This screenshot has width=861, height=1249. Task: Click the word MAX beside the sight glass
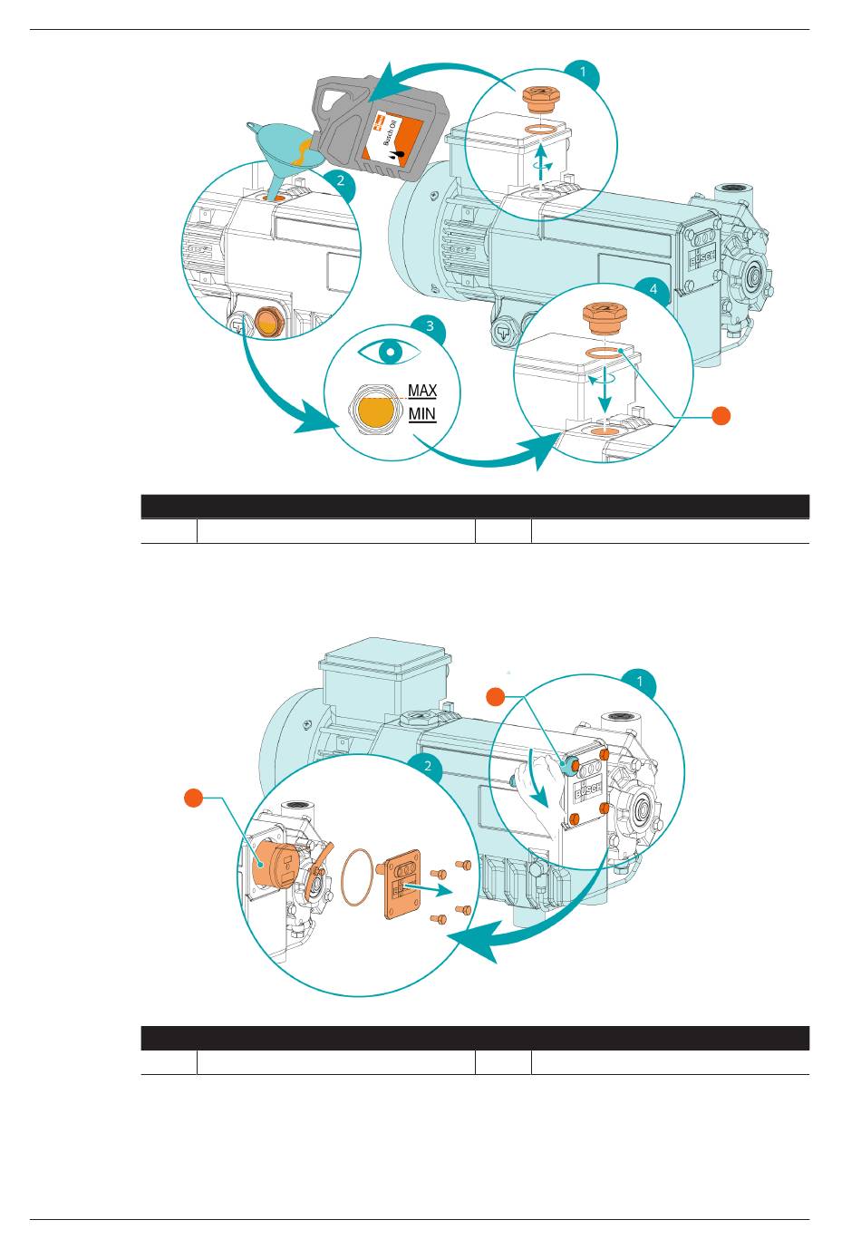tap(422, 391)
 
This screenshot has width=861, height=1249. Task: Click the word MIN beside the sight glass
tap(422, 414)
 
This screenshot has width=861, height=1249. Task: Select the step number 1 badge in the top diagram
tap(584, 72)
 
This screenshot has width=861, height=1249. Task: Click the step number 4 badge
tap(653, 289)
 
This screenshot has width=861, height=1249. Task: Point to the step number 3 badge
tap(430, 325)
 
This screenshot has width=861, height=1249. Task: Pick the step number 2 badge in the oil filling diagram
tap(340, 180)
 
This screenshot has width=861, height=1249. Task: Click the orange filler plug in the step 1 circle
tap(541, 99)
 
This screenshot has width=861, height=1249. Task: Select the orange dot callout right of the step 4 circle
tap(721, 415)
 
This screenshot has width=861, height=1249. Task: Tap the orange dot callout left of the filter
tap(194, 798)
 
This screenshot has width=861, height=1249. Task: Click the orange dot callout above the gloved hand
tap(495, 697)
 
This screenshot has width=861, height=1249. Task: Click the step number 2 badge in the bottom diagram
tap(428, 766)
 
